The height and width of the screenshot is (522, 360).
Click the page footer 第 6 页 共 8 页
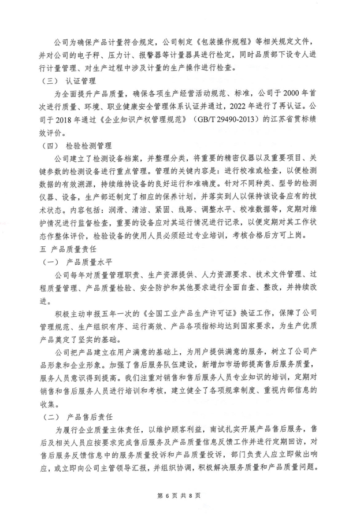pos(179,495)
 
